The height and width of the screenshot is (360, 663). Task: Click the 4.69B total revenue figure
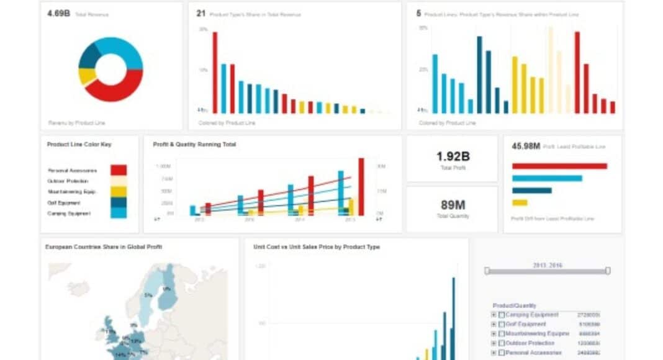point(58,13)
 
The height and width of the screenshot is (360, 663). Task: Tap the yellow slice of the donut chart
point(86,76)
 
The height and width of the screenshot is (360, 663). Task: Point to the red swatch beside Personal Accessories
point(119,170)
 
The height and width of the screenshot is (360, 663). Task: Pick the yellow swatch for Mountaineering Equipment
point(119,192)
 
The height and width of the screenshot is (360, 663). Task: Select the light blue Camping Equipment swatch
point(119,213)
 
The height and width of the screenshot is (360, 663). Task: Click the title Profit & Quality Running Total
point(194,144)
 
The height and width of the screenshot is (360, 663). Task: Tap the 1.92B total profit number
point(451,156)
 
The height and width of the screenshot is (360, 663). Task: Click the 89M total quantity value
point(451,205)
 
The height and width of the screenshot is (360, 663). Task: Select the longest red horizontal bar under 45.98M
point(559,166)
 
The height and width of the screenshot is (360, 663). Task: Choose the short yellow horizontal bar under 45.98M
point(520,202)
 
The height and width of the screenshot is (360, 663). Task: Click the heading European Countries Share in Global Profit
point(104,247)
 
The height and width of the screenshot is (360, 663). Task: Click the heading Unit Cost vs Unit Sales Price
point(316,247)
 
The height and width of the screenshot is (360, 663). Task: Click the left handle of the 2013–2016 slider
point(487,271)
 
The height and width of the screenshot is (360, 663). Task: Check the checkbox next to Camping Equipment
point(502,315)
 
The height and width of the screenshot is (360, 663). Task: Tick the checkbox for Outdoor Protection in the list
point(502,343)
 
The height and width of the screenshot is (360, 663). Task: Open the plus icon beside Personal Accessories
point(494,353)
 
